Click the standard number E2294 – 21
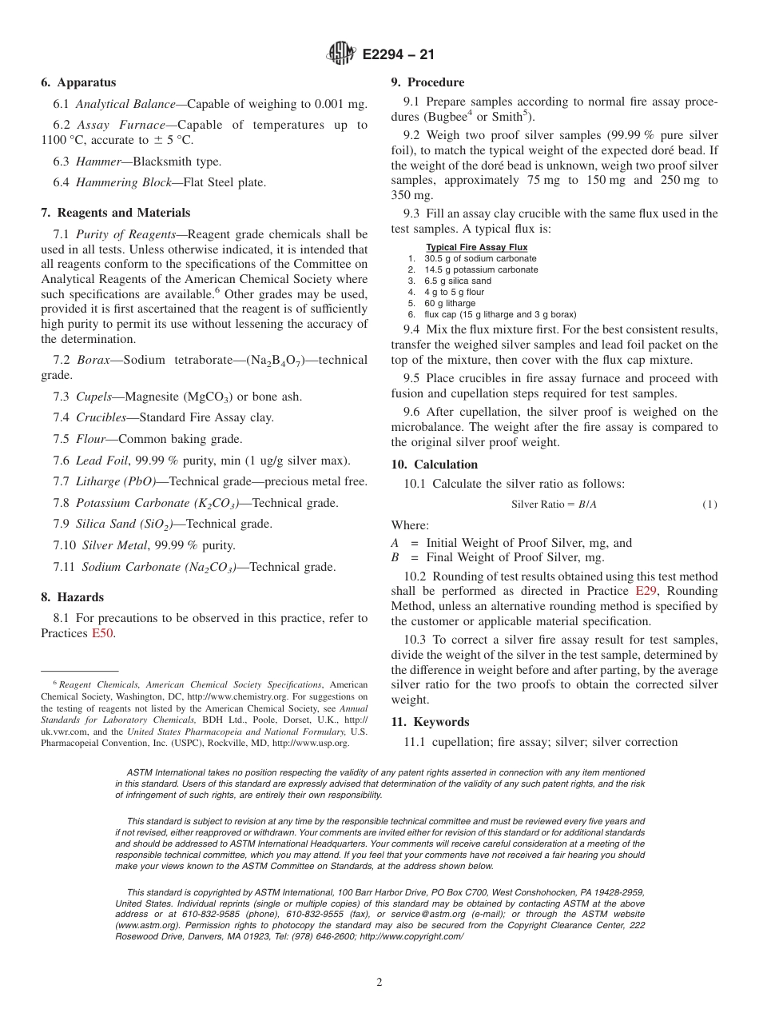(398, 55)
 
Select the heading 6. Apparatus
(78, 82)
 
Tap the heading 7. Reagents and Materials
(116, 213)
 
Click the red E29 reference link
(646, 591)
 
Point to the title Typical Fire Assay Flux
(476, 247)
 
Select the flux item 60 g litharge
(449, 303)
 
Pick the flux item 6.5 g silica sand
(458, 281)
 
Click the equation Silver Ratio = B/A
(554, 505)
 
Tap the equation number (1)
(709, 505)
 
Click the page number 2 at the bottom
(379, 983)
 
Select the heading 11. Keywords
(430, 722)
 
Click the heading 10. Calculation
(434, 465)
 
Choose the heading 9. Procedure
(427, 82)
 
